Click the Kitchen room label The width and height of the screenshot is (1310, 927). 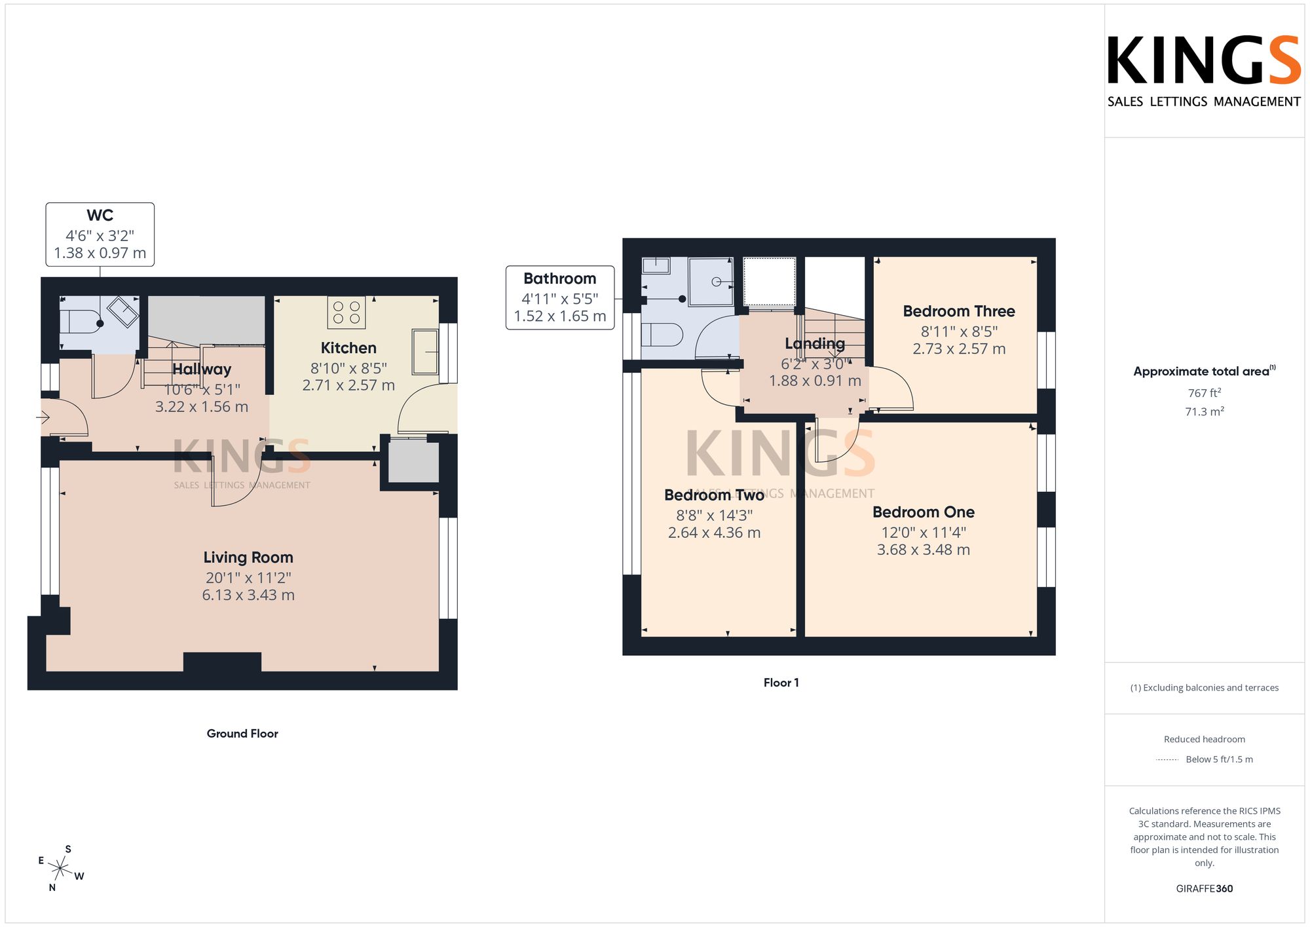coord(348,348)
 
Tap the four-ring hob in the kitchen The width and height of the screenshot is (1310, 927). coord(346,312)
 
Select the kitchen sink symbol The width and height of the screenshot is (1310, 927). coord(425,352)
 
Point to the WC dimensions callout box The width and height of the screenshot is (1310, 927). coord(100,235)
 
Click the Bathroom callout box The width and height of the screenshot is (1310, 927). coord(560,297)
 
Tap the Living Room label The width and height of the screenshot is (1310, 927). coord(248,558)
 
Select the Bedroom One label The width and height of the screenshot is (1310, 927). coord(924,512)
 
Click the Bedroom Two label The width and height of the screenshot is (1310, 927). coord(715,495)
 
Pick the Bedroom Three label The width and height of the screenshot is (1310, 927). coord(959,311)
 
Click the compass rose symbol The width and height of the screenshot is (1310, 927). coord(60,869)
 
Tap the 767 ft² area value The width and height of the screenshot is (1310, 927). coord(1205,393)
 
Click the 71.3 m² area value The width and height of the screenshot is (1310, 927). coord(1205,411)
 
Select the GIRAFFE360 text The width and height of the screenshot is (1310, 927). coord(1205,889)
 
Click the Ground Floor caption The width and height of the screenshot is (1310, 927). coord(242,734)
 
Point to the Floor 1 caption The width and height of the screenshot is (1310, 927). coord(781,683)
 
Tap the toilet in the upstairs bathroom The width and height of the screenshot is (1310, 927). coord(662,335)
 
